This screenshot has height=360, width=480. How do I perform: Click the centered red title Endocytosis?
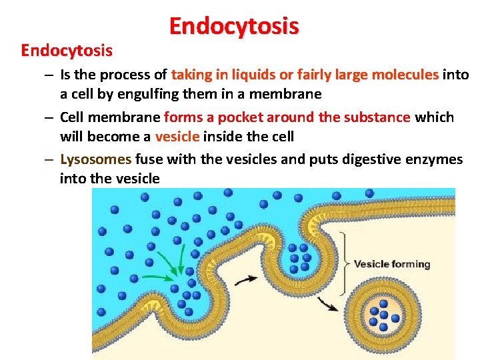point(234,26)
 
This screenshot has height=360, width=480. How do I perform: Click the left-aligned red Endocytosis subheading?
point(67,50)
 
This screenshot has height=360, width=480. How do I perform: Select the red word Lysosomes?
point(95,159)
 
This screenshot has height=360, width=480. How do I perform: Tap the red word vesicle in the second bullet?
point(177,136)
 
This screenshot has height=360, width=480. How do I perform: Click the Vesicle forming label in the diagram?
point(391,264)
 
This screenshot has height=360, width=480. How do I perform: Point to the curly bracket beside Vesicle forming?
point(344,263)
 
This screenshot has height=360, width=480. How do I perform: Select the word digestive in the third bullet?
point(371,159)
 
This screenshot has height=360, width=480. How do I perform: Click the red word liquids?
point(248,75)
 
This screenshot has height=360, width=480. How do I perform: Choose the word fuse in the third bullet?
point(149,159)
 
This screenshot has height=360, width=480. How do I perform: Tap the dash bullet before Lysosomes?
point(50,159)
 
